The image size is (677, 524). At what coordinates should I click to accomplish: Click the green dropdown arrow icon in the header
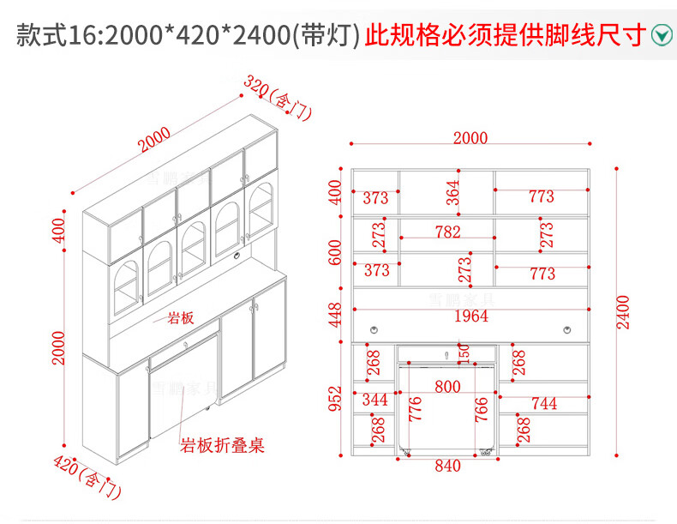661,35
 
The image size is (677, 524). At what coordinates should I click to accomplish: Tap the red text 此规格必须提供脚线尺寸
505,35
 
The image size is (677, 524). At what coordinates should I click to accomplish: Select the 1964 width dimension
470,316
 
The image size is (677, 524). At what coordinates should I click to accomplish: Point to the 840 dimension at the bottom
447,467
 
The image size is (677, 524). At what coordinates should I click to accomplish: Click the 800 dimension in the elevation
447,387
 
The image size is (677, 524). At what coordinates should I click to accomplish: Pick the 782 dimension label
447,232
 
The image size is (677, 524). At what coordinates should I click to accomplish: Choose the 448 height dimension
336,315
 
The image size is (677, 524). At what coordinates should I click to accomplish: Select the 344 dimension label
374,401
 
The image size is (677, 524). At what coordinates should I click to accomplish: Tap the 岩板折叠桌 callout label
221,446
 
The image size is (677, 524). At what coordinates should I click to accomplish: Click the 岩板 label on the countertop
180,318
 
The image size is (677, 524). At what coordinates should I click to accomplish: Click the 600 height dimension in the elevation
336,251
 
